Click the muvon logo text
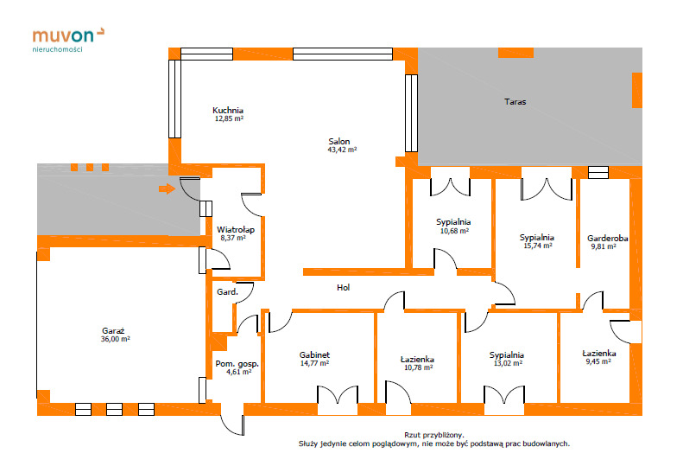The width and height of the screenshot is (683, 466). click(x=63, y=35)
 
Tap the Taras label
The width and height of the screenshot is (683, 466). click(x=515, y=102)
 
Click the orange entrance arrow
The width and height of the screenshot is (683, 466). click(x=167, y=189)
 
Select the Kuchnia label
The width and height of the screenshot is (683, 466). click(x=228, y=111)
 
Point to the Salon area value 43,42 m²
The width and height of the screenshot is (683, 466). click(x=342, y=150)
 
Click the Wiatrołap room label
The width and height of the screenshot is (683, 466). click(x=236, y=229)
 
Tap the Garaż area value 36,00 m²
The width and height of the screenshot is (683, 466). click(x=116, y=339)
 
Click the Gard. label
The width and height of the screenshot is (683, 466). click(x=227, y=292)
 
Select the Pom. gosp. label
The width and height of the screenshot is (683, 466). click(x=237, y=364)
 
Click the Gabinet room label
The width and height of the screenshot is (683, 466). click(x=314, y=355)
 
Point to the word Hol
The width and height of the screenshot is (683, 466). click(x=344, y=288)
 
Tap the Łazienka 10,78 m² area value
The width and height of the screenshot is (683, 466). click(x=418, y=367)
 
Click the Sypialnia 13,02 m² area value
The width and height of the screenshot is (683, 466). click(x=508, y=363)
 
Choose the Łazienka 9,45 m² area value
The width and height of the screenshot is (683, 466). click(x=598, y=361)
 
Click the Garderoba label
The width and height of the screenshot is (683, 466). click(x=608, y=239)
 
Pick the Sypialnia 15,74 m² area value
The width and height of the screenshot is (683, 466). click(x=538, y=246)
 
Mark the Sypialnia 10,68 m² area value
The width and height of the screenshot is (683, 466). click(x=454, y=231)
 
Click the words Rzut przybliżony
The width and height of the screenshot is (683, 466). click(x=434, y=435)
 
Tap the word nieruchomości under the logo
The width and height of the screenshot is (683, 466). click(x=57, y=49)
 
